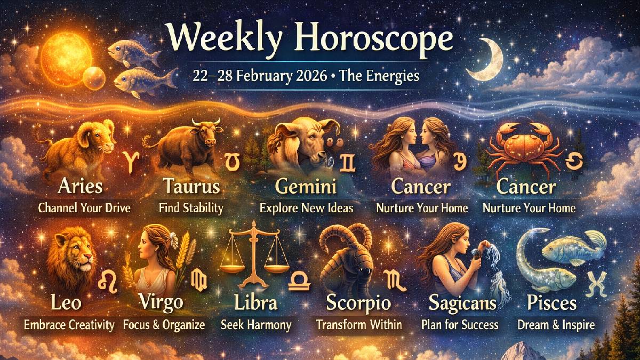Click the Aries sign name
[81, 187]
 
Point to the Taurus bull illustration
[184, 144]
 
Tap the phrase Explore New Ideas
[306, 208]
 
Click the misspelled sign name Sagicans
[463, 303]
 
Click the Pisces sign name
[551, 303]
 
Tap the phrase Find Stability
[190, 208]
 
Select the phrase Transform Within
[358, 324]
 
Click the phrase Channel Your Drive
[84, 208]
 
